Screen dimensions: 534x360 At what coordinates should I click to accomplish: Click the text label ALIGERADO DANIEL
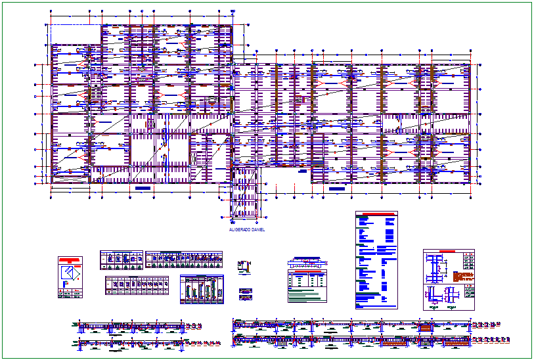[246, 230]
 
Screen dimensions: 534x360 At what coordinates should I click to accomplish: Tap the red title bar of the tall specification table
[376, 214]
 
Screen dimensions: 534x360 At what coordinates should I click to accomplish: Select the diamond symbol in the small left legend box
[70, 273]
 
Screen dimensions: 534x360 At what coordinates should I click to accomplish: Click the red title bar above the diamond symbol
[70, 259]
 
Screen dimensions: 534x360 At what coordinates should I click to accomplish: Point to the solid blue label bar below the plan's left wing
[143, 189]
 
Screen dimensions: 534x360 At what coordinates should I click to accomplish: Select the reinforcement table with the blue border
[202, 289]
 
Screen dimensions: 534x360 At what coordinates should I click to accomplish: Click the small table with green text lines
[307, 286]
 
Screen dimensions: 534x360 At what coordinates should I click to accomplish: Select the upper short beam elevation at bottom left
[131, 326]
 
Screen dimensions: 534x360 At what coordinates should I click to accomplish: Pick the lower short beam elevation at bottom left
[131, 343]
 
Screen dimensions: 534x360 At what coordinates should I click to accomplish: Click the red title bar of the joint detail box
[448, 252]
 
